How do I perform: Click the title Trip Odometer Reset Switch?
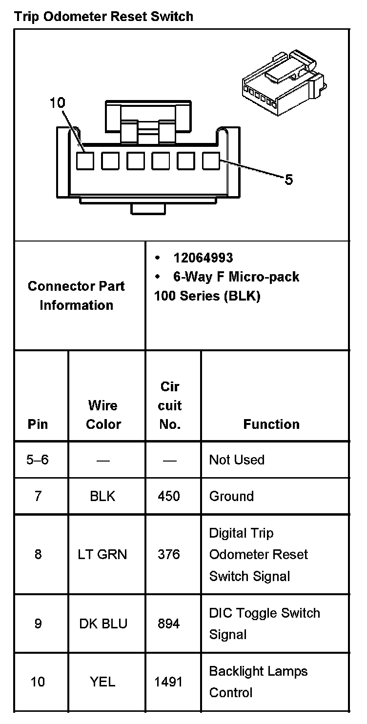[103, 17]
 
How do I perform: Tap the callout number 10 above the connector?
[57, 103]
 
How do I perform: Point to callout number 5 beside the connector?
[289, 180]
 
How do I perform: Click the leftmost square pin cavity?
[85, 161]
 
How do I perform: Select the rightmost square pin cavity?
[211, 161]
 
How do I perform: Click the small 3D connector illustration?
[284, 82]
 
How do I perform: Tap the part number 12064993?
[203, 258]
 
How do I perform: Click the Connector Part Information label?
[76, 296]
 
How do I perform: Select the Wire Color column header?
[103, 415]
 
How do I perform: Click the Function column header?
[271, 424]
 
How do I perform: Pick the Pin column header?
[38, 424]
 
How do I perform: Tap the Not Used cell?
[237, 460]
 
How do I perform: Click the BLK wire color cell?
[102, 496]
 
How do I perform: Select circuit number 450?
[169, 496]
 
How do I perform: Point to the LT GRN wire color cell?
[102, 554]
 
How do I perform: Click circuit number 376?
[169, 554]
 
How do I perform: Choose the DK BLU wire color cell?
[103, 623]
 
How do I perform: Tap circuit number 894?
[169, 623]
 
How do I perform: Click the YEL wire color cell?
[102, 682]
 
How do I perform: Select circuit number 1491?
[168, 682]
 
